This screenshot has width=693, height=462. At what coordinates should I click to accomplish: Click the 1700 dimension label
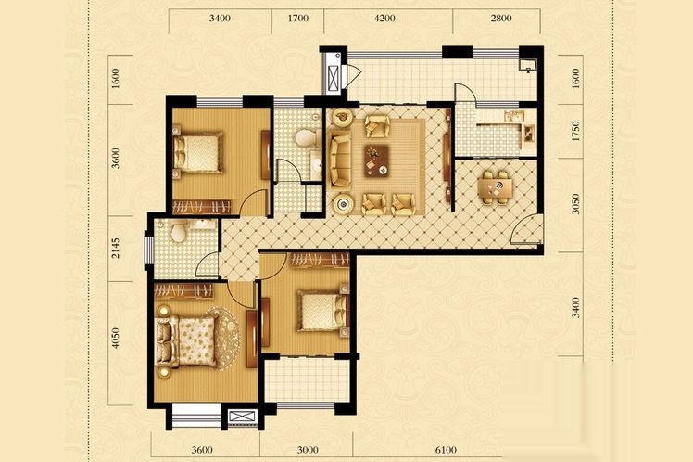coord(298,19)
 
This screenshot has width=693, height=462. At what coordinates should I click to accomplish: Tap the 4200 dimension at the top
coord(384,19)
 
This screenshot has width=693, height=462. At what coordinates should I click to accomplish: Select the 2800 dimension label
coord(500,19)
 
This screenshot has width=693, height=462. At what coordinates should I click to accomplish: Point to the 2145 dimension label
coord(115,249)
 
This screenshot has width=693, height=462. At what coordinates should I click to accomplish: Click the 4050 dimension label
coord(115,338)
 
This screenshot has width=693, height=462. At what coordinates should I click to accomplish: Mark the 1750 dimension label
coord(575,131)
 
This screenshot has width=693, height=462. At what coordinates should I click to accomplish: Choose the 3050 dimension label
coord(575,203)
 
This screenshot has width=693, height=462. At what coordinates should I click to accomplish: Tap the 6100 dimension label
coord(446,450)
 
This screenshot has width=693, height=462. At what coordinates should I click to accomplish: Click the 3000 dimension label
coord(308,450)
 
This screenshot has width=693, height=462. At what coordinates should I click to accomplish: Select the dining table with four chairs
coord(497,186)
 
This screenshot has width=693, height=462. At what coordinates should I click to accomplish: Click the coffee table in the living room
coord(376,161)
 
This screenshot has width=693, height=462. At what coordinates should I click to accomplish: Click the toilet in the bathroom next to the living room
coord(306,137)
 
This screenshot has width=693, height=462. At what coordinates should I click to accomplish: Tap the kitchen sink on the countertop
coord(514,116)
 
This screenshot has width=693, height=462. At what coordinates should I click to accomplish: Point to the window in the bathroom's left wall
coord(149,250)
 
